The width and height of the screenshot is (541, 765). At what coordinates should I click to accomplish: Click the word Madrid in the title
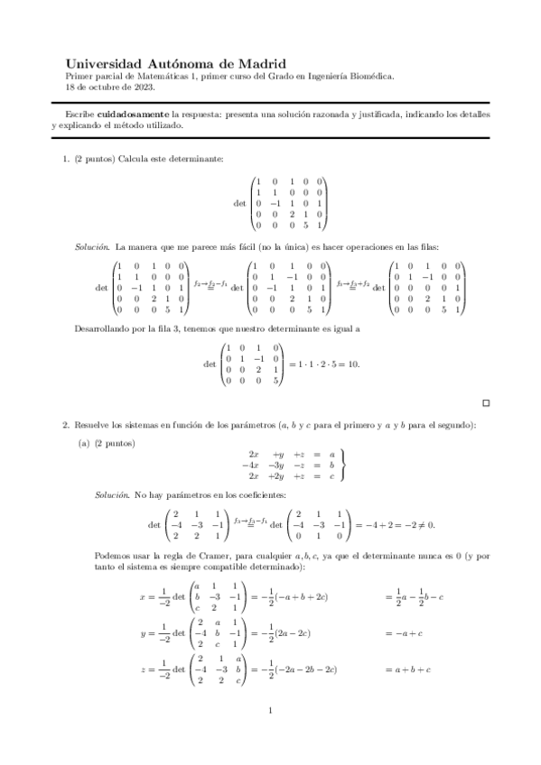[260, 64]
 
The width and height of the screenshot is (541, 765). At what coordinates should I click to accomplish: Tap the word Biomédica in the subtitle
[368, 77]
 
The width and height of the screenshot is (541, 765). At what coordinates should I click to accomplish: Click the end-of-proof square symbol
[486, 402]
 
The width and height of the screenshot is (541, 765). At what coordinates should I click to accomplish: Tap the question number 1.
[65, 159]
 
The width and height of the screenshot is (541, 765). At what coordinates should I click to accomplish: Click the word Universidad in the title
[104, 64]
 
